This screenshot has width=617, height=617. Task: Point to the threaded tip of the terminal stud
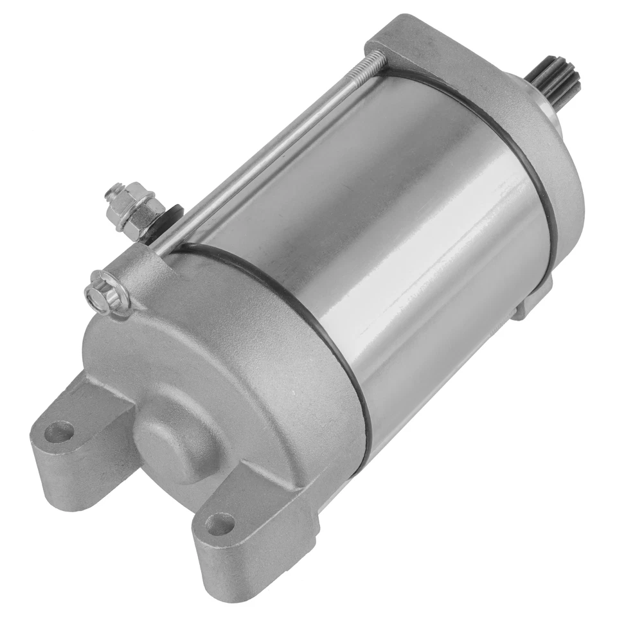(x=116, y=190)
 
